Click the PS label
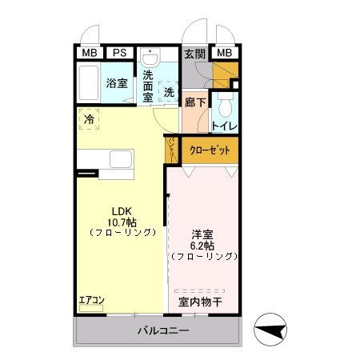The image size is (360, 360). pyautogui.click(x=118, y=53)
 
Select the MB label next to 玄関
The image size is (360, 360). pyautogui.click(x=225, y=53)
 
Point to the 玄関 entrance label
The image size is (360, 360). pyautogui.click(x=194, y=54)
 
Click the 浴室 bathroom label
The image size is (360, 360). pyautogui.click(x=117, y=82)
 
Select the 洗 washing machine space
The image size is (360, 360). pyautogui.click(x=169, y=91)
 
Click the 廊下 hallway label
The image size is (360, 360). pyautogui.click(x=194, y=102)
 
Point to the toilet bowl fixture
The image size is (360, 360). pyautogui.click(x=225, y=105)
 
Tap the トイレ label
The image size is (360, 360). pyautogui.click(x=223, y=126)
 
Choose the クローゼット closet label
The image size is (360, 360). pyautogui.click(x=213, y=150)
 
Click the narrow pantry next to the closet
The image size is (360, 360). pyautogui.click(x=172, y=150)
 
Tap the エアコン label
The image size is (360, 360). pyautogui.click(x=91, y=301)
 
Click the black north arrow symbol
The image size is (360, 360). pyautogui.click(x=272, y=328)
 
